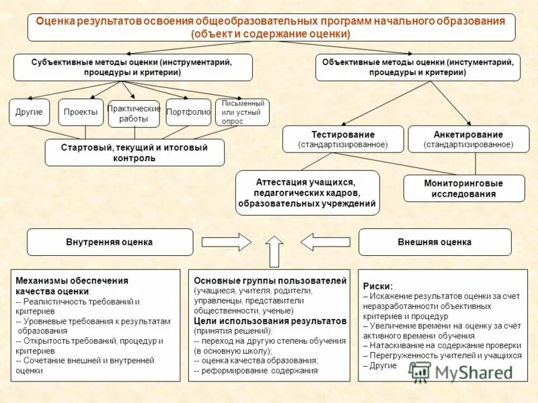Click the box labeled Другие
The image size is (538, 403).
pos(29,112)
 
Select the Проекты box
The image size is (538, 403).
pos(81,112)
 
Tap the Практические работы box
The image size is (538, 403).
pos(134,114)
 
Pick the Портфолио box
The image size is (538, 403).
pos(188,112)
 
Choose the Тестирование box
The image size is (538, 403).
pos(343,139)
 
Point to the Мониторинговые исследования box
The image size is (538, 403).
pos(463,189)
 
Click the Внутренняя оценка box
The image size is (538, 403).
pos(110,242)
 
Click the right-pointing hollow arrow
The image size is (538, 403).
pos(235,241)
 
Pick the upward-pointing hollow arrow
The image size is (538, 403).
pos(274,251)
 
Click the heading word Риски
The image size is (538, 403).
pos(378,285)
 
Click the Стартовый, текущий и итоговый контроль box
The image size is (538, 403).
pos(134,152)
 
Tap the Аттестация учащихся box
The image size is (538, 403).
pos(307,193)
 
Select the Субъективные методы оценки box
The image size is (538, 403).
pos(132,67)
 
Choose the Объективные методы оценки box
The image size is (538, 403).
pos(418,67)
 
